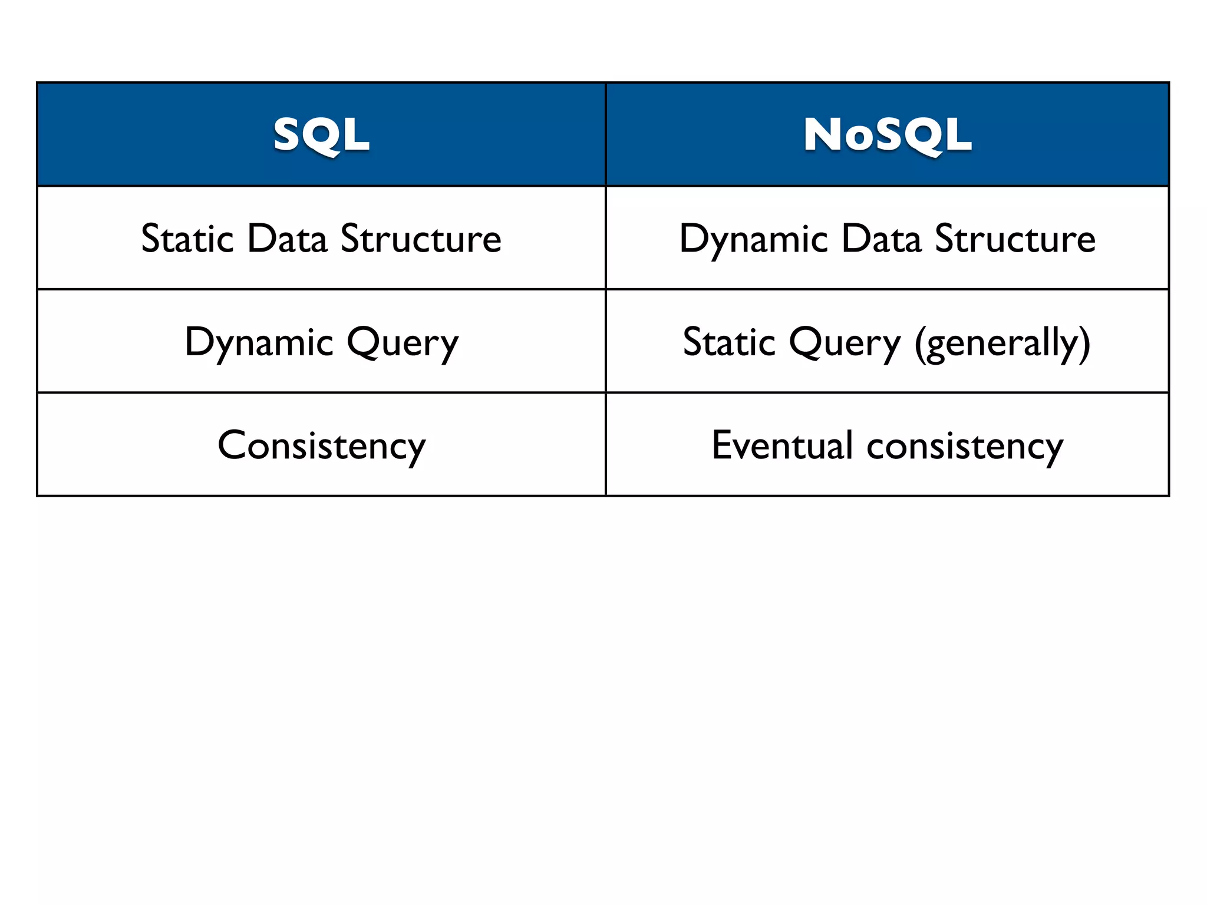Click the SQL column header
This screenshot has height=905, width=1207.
(x=321, y=135)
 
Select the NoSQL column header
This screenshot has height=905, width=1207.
(x=887, y=135)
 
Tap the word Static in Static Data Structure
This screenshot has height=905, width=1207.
(x=187, y=239)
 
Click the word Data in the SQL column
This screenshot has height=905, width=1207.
(x=287, y=239)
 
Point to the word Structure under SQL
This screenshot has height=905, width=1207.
(x=421, y=239)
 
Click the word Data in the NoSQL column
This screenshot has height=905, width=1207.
(x=881, y=239)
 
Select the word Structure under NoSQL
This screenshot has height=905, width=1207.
(x=1015, y=239)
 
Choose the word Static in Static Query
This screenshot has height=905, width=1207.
(x=729, y=342)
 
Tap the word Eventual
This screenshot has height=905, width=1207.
(x=782, y=445)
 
